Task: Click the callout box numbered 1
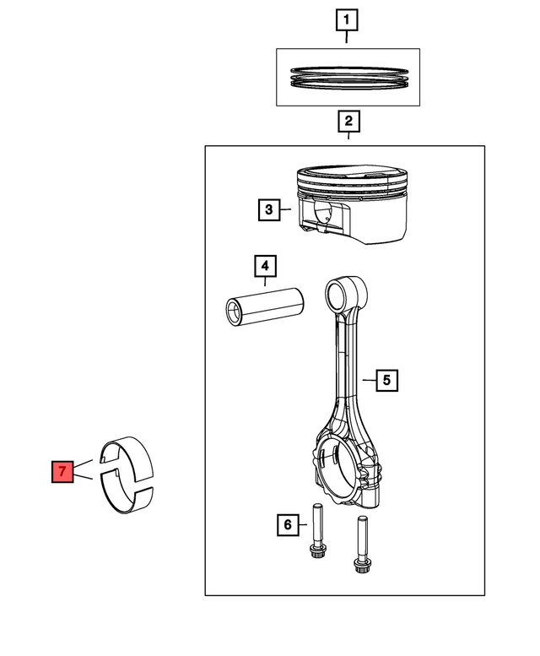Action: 347,19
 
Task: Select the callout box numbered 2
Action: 348,122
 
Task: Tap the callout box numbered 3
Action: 269,209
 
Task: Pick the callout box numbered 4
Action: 266,266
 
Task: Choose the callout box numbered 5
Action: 386,380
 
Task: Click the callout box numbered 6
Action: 288,524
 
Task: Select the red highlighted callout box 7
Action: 62,471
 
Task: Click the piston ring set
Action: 349,78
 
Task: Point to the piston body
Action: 352,204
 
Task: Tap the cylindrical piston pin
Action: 265,306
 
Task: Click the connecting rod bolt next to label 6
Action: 318,531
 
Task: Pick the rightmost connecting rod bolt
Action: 362,545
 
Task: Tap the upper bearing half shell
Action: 127,457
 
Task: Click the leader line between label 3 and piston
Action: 286,209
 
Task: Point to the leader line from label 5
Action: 369,380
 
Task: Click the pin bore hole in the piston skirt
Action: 323,212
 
